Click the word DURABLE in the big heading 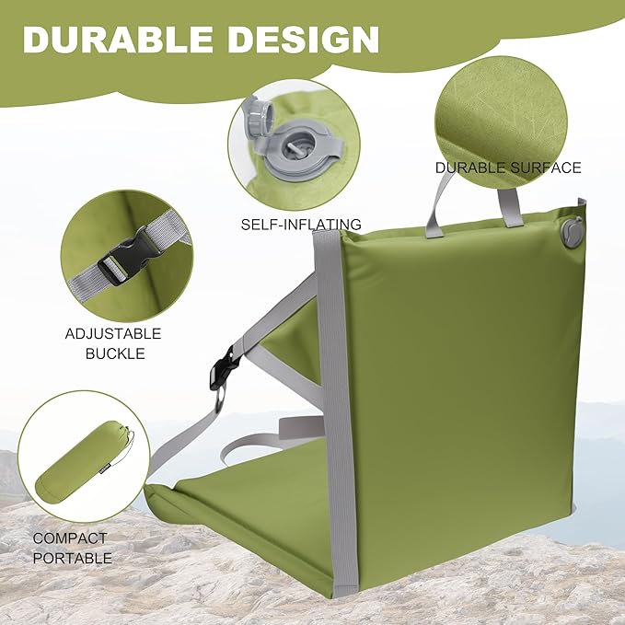(x=118, y=39)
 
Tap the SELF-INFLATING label (x=301, y=225)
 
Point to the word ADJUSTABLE (x=113, y=333)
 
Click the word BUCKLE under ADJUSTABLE (x=115, y=353)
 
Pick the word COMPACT (x=70, y=538)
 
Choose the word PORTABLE (x=73, y=558)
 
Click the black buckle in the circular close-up (x=124, y=256)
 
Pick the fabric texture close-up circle (x=501, y=122)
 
